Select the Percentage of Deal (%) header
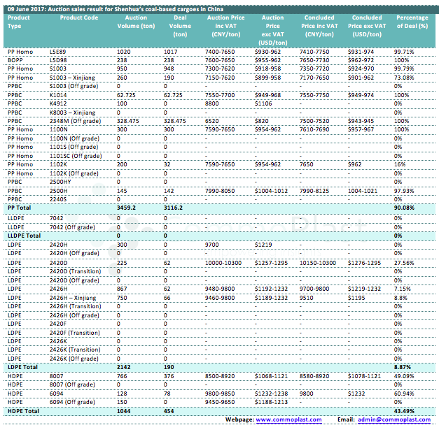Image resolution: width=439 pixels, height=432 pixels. pos(412,21)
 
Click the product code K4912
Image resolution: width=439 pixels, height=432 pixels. pos(59,103)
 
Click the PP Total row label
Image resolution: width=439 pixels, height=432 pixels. pos(19,208)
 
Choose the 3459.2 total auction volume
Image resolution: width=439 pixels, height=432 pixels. pos(127,208)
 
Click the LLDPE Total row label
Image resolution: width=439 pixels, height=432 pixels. pos(23,236)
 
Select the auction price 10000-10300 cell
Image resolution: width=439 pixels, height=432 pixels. pos(224,262)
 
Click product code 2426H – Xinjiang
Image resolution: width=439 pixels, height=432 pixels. pos(73,297)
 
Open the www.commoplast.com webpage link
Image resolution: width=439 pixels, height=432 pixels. pos(288,419)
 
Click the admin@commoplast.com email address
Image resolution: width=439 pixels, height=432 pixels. pos(393,419)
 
